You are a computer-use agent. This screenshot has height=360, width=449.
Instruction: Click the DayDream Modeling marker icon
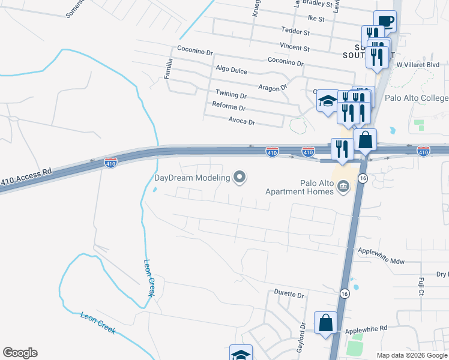point(240,177)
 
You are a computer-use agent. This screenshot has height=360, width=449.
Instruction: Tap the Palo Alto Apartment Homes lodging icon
point(343,187)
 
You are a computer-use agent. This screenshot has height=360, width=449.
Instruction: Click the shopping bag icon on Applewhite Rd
point(325,322)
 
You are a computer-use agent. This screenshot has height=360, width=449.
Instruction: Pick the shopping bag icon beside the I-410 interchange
point(365,140)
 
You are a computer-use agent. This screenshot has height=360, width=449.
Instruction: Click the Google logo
point(20,353)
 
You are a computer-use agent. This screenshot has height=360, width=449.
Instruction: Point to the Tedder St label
point(295,31)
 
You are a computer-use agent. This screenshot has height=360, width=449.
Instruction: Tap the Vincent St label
point(295,47)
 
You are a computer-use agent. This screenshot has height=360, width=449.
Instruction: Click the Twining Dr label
point(231,95)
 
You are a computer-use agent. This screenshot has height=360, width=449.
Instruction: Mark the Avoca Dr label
point(243,122)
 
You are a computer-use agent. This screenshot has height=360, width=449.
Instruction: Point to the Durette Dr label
point(289,295)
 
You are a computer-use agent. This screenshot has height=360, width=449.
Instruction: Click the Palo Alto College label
point(417,98)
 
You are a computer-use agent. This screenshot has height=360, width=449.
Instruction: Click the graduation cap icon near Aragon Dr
point(328,101)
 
